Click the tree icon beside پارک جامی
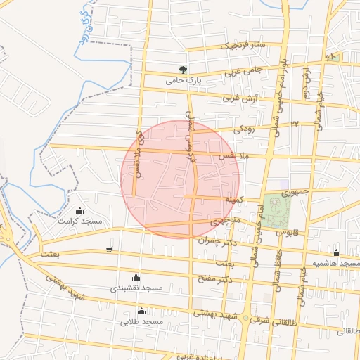[x=184, y=70]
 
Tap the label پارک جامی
[x=184, y=81]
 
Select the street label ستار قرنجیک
[x=244, y=45]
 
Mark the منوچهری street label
[x=226, y=221]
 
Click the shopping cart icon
[x=108, y=249]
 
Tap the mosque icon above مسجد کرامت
[x=79, y=210]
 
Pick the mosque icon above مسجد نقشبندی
[x=136, y=277]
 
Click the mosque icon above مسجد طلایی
[x=141, y=311]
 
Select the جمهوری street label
[x=295, y=191]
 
